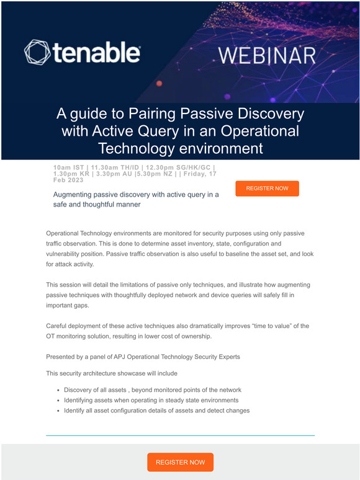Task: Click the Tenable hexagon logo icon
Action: (x=37, y=53)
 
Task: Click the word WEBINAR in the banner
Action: (x=267, y=55)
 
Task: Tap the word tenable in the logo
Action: (x=96, y=53)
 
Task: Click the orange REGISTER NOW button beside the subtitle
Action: (x=267, y=188)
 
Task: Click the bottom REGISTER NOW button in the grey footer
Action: (x=180, y=462)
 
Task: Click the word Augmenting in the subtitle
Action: (x=78, y=194)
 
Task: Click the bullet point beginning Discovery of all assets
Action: (x=152, y=390)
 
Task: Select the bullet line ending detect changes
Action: (x=156, y=410)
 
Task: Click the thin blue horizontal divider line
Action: (x=180, y=435)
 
